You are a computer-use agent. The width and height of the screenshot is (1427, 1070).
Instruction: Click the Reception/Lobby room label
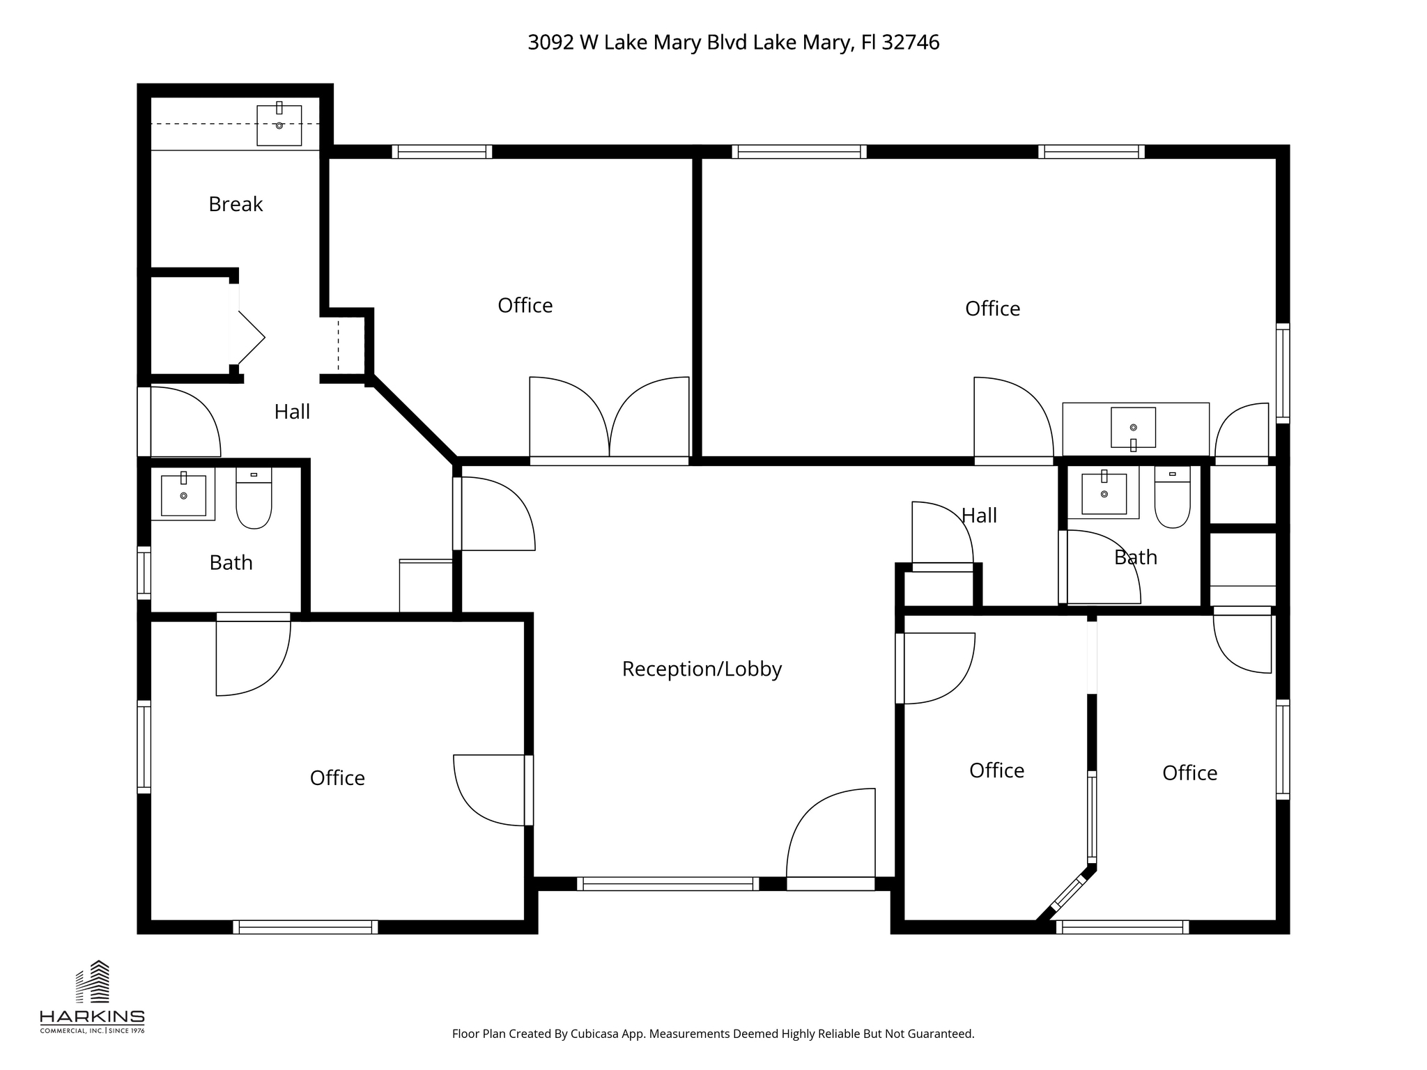[x=702, y=669]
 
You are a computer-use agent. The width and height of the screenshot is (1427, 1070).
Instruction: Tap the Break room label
[x=236, y=204]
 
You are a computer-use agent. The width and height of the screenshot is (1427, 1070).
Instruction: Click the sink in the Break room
[x=279, y=125]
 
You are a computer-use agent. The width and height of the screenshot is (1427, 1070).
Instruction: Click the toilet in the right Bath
[x=1172, y=497]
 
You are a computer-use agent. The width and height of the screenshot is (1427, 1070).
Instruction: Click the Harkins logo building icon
[x=93, y=982]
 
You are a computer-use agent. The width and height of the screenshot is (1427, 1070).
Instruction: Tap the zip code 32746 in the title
[x=910, y=42]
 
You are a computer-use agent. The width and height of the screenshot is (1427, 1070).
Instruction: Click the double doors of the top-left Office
[x=609, y=419]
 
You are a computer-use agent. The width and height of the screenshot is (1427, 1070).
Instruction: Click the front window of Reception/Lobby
[x=668, y=884]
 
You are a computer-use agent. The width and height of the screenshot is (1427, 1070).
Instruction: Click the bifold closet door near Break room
[x=249, y=338]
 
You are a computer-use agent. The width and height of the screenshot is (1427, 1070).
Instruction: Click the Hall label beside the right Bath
[x=979, y=515]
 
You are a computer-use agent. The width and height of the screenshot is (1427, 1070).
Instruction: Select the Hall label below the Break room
[x=292, y=412]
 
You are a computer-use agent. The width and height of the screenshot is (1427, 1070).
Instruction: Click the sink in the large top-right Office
[x=1133, y=427]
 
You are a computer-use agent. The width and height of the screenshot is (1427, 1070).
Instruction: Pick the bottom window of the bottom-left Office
[x=305, y=927]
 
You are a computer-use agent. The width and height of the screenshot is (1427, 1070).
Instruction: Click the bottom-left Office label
[x=337, y=777]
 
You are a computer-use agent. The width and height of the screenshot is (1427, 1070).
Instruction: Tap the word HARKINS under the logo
[x=92, y=1016]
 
